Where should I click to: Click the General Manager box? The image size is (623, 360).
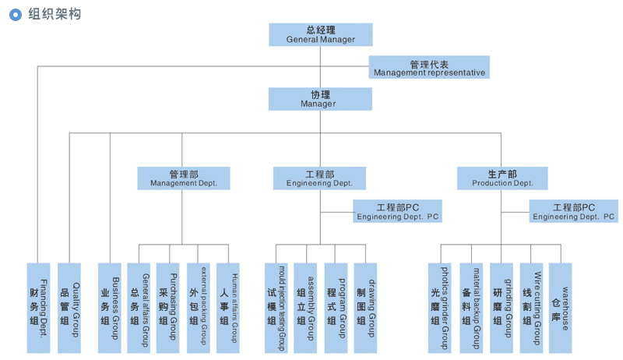coord(321,34)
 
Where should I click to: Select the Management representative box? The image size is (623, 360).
coord(429,67)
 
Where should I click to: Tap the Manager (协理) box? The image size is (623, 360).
coord(320,99)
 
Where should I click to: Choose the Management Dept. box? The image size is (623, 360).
coord(184,178)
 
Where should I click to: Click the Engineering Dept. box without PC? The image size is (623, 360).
coord(319,178)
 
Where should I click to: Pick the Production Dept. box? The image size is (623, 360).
coord(502,178)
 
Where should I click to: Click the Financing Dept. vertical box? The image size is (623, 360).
coord(38,308)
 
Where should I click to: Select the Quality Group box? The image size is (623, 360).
coord(69,308)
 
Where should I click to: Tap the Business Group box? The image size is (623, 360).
coord(110,308)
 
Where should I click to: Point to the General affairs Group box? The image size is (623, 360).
coord(139,308)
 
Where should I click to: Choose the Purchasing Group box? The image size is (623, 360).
coord(167,308)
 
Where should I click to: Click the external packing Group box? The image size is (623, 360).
coord(199,308)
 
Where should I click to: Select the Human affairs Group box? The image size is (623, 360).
coord(227,308)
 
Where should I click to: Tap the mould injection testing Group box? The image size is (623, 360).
coord(276,308)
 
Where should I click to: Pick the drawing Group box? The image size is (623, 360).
coord(365,308)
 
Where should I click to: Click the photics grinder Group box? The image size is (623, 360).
coord(440,308)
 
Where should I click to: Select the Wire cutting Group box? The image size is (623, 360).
coord(532,308)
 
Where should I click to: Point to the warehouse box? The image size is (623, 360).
coord(560,308)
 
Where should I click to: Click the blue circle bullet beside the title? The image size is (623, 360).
coord(16,15)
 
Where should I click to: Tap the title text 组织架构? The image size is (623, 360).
coord(55,14)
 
